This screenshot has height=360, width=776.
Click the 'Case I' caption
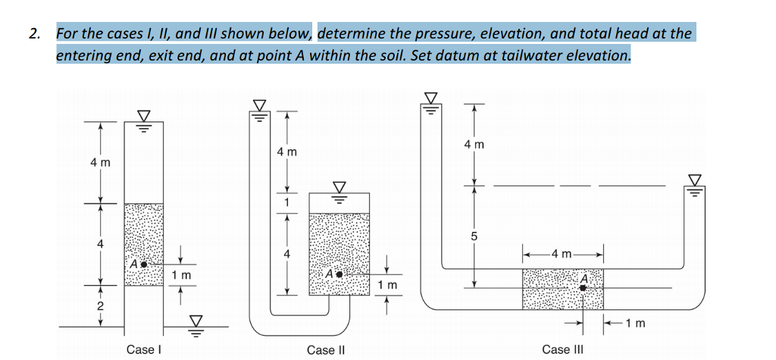[x=144, y=349]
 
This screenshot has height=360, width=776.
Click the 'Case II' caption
[x=327, y=349]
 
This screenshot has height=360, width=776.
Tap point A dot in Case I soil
[x=142, y=265]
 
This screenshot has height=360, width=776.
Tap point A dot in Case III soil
[x=583, y=287]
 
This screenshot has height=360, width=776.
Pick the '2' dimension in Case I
[x=99, y=306]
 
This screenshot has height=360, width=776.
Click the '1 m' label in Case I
[x=182, y=274]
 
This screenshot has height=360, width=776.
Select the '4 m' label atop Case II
[x=286, y=152]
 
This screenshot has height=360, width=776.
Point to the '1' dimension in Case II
[x=286, y=202]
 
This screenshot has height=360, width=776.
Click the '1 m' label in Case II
[x=386, y=285]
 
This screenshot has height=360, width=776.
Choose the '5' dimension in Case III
[x=475, y=234]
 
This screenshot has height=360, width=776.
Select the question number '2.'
[x=34, y=33]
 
